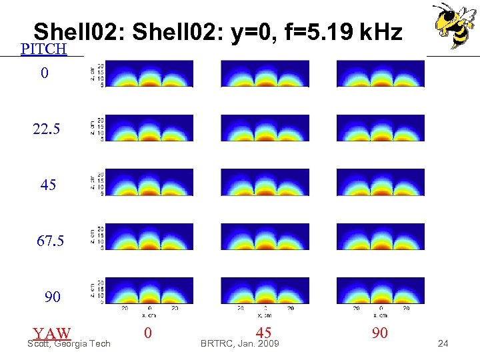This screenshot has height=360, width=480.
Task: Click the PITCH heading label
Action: (43, 49)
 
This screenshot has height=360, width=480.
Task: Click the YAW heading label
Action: (52, 333)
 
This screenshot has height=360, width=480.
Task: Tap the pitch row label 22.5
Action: (46, 129)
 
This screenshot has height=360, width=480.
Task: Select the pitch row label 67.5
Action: (50, 241)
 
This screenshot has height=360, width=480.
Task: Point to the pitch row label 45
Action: (48, 185)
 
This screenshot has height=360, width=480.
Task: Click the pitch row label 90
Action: (52, 297)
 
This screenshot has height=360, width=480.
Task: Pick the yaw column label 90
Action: (379, 333)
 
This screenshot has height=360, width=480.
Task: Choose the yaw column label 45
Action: (263, 333)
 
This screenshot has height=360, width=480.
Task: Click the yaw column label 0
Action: (147, 333)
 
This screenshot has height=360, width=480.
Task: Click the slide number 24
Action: (443, 344)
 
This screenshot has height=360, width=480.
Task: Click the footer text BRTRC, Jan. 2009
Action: (240, 344)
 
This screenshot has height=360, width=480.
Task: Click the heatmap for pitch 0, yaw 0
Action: (149, 73)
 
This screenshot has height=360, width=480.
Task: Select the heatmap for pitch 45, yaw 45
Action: (265, 182)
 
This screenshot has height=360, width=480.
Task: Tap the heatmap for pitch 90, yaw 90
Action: (380, 291)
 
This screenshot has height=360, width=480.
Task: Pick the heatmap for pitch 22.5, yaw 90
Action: (380, 128)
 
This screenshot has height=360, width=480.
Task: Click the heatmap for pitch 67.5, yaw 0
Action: (149, 237)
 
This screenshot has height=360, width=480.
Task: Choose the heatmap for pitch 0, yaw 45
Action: (265, 73)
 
